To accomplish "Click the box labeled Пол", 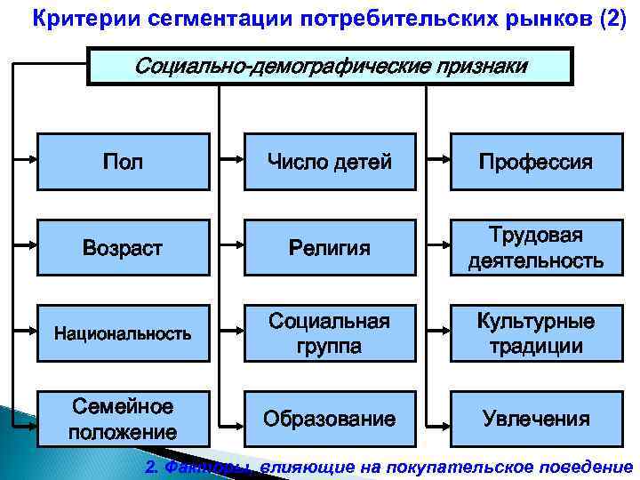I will pos(123,162).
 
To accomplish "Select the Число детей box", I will pos(330,162).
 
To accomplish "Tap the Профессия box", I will pos(535,162).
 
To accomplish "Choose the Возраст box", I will pos(123,247).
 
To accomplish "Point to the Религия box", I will pos(330,247).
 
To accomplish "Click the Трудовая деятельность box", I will pos(535,247).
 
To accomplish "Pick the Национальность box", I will pos(123,333).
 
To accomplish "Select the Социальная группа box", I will pos(330,333).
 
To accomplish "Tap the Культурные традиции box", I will pos(535,333).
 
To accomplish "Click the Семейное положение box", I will pos(123,419).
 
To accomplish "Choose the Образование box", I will pos(330,419).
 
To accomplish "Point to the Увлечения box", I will pos(535,419).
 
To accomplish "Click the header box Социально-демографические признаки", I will pos(330,67).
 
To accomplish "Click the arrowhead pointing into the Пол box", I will pos(32,162).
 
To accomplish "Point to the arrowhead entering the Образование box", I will pos(240,419).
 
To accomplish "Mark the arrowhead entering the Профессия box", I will pos(445,162).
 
